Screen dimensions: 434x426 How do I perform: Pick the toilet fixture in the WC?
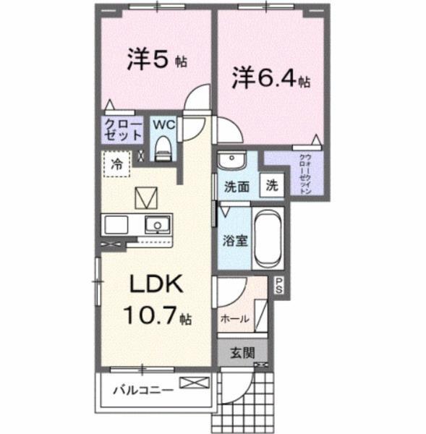point(163,150)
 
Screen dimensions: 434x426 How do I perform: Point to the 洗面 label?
point(237,185)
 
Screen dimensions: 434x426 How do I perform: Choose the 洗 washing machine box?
point(271,184)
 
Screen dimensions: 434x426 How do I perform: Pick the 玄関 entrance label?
point(242,354)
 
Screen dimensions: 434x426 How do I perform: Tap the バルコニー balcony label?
point(142,391)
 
